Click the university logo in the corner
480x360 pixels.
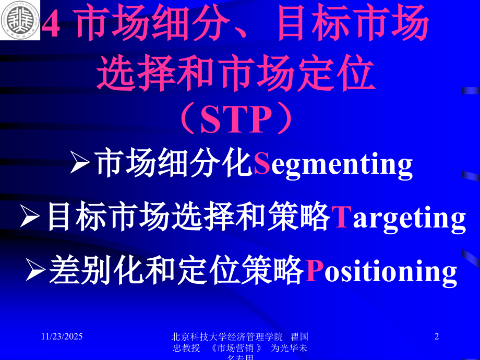(19, 21)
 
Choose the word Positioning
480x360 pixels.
(381, 272)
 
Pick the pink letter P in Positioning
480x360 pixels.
(311, 271)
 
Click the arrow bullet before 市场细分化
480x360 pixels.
(82, 164)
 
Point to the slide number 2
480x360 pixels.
(437, 338)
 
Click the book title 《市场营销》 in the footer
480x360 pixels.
(234, 349)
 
